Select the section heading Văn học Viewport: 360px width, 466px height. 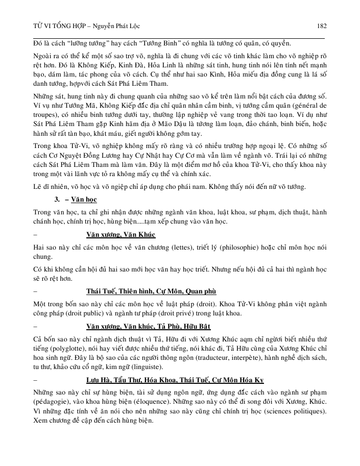pos(84,198)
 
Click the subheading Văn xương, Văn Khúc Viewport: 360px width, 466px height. pos(121,234)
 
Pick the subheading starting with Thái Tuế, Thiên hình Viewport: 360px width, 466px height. pos(151,291)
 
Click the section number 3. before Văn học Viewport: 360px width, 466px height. pos(58,198)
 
